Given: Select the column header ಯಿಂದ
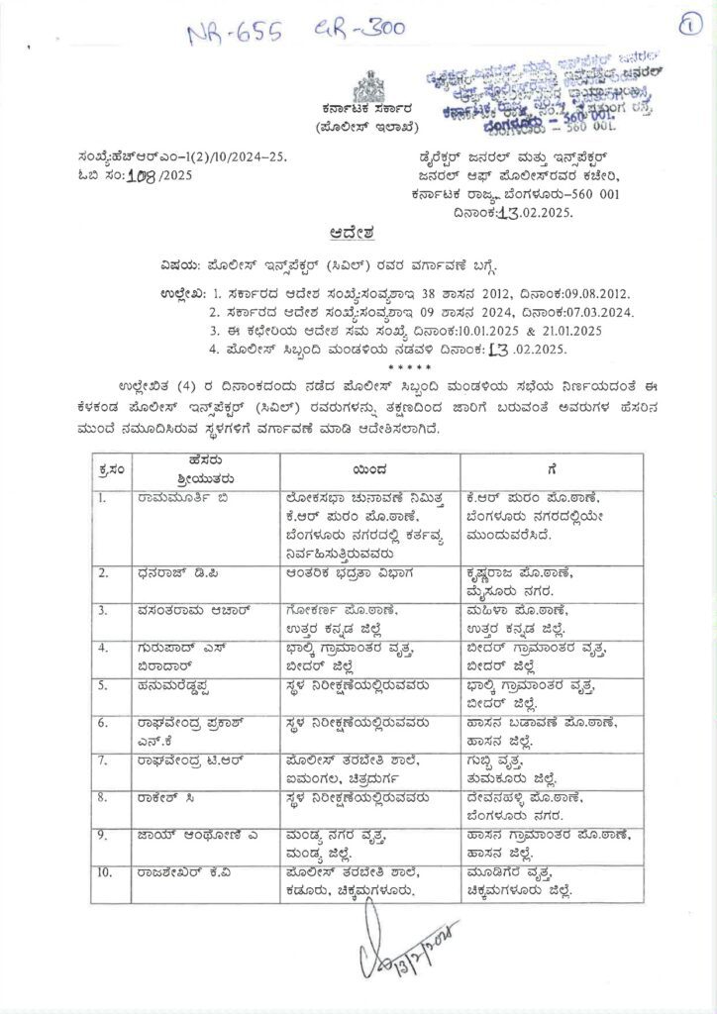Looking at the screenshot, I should (x=366, y=470).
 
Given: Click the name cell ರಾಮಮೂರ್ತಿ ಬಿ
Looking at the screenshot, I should (x=184, y=498).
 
